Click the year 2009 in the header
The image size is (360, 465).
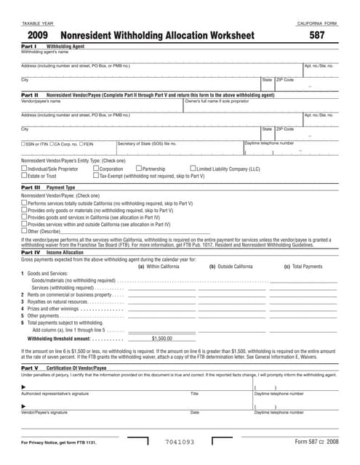coord(39,35)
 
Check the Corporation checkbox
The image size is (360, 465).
coord(95,169)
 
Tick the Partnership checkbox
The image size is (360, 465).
coord(138,169)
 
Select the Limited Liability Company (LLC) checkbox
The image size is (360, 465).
coord(192,169)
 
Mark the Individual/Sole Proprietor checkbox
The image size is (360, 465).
coord(24,169)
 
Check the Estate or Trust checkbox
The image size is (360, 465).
coord(24,176)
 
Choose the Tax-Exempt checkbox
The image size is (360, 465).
coord(95,176)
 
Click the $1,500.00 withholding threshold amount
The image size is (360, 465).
coord(161,339)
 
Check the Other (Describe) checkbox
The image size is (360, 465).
coord(24,231)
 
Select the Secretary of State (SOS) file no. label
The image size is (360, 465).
coord(147,143)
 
